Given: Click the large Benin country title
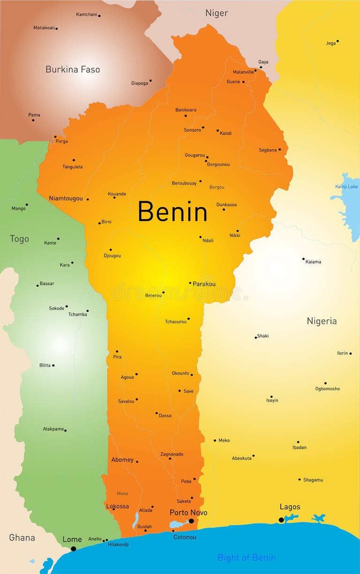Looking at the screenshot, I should click(172, 212).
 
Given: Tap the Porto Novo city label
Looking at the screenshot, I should click(188, 513).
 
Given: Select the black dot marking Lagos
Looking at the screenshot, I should click(281, 520).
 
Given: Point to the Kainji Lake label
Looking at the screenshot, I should click(346, 187).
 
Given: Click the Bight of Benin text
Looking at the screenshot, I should click(247, 558).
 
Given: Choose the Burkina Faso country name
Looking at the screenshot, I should click(73, 69).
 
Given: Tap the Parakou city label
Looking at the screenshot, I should click(204, 284).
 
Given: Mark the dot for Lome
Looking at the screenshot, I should click(73, 549).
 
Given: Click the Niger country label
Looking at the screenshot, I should click(217, 13).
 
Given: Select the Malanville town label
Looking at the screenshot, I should click(243, 72).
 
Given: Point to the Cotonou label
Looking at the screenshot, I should click(185, 537).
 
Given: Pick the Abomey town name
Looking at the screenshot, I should click(122, 460).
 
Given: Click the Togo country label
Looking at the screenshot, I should click(19, 239).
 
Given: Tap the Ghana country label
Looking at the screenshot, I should click(22, 538).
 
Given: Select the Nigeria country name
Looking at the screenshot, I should click(322, 321).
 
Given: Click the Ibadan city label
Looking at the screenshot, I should click(300, 447).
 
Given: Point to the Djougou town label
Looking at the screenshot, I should click(112, 256).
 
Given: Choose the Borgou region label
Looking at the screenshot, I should click(217, 187).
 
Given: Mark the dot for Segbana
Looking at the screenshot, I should click(280, 150).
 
